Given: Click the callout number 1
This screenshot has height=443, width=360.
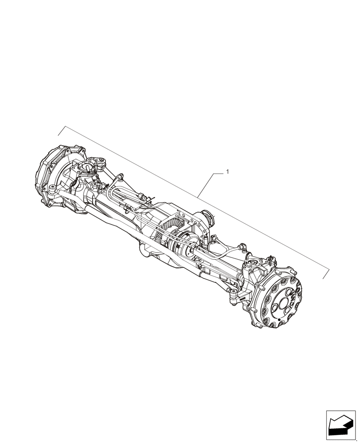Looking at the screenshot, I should click(227, 171).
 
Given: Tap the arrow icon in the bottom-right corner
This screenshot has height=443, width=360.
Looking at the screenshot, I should click(340, 426).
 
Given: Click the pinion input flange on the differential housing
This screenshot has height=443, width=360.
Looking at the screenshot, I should click(208, 218).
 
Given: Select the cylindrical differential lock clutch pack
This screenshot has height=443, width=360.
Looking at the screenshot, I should click(182, 246).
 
